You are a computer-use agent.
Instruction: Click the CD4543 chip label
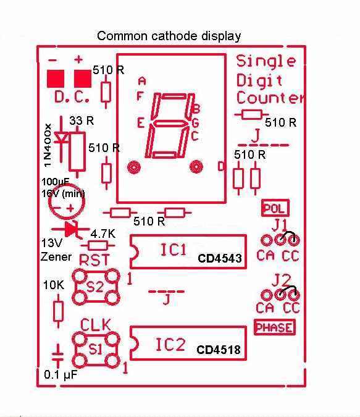tap(220, 258)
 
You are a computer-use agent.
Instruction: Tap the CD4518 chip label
tap(219, 350)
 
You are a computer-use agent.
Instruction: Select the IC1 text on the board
tap(174, 250)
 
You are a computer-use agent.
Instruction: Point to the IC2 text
tap(170, 344)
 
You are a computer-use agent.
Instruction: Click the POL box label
tap(275, 208)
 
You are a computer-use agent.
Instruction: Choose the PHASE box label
tap(275, 327)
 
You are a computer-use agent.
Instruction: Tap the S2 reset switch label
tap(95, 287)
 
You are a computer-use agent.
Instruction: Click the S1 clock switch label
tap(95, 349)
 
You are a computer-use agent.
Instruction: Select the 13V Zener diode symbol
tap(70, 229)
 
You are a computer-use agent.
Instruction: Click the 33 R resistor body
tap(77, 152)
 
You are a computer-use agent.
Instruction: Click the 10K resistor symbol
tap(58, 311)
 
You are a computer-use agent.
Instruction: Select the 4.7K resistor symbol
tap(98, 245)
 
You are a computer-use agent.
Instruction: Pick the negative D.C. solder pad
tap(56, 78)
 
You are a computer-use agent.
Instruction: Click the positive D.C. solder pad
tap(82, 78)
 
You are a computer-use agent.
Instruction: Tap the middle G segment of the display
tap(169, 124)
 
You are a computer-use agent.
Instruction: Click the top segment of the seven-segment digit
tap(174, 96)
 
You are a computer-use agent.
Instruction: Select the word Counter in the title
tap(270, 98)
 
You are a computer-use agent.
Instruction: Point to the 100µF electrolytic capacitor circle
tap(67, 201)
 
